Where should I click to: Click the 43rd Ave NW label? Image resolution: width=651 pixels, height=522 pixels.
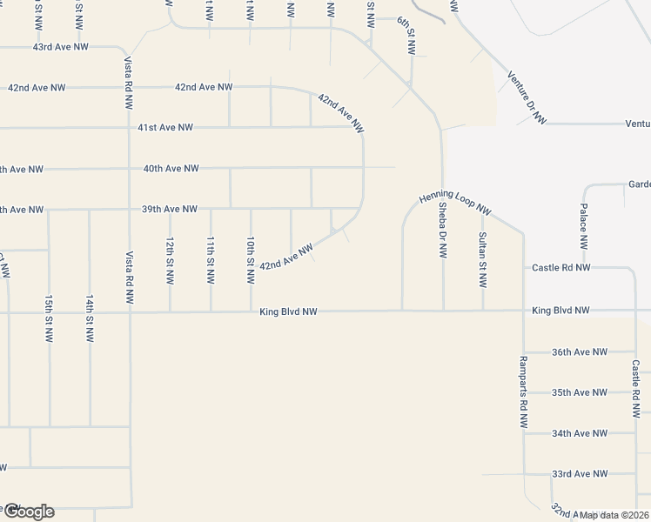click(x=60, y=46)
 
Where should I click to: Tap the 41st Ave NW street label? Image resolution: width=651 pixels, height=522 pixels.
click(x=165, y=128)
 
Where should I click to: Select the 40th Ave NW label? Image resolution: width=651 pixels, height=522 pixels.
click(x=171, y=169)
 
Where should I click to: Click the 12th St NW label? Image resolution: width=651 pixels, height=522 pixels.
click(x=171, y=260)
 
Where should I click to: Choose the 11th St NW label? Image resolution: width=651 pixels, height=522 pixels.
click(x=211, y=260)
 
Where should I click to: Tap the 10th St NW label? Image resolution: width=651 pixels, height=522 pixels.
click(x=251, y=260)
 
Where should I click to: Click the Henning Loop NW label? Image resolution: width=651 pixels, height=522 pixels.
click(x=455, y=203)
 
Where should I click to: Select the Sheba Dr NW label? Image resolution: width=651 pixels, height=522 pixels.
click(x=443, y=231)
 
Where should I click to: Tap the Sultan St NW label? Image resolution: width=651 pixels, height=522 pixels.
click(x=482, y=260)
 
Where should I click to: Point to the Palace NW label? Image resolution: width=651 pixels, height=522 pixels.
click(x=584, y=231)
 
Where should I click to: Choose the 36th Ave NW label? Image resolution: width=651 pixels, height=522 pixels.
click(x=580, y=352)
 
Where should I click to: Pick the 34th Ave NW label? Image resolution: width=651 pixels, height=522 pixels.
click(x=580, y=433)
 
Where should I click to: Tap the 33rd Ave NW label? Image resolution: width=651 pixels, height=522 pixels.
click(x=580, y=474)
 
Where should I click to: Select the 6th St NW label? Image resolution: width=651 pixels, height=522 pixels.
click(x=407, y=35)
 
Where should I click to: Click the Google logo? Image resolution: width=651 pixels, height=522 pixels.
click(x=28, y=512)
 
